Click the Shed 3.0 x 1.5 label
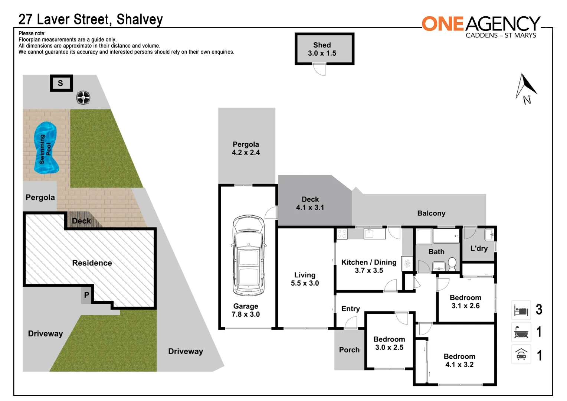point(322,49)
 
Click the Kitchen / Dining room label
point(368,266)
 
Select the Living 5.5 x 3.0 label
point(305,279)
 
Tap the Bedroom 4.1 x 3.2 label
point(459,360)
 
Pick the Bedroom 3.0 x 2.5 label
point(389,343)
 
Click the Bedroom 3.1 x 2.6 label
point(465,301)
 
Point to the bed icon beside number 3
point(521,310)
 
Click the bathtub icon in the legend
point(521,332)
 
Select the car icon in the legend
point(521,355)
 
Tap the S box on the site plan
point(61,83)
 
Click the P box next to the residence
point(86,295)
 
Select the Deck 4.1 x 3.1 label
point(310,203)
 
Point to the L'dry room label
point(479,248)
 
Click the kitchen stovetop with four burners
point(342,234)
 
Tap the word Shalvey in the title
point(140,19)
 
